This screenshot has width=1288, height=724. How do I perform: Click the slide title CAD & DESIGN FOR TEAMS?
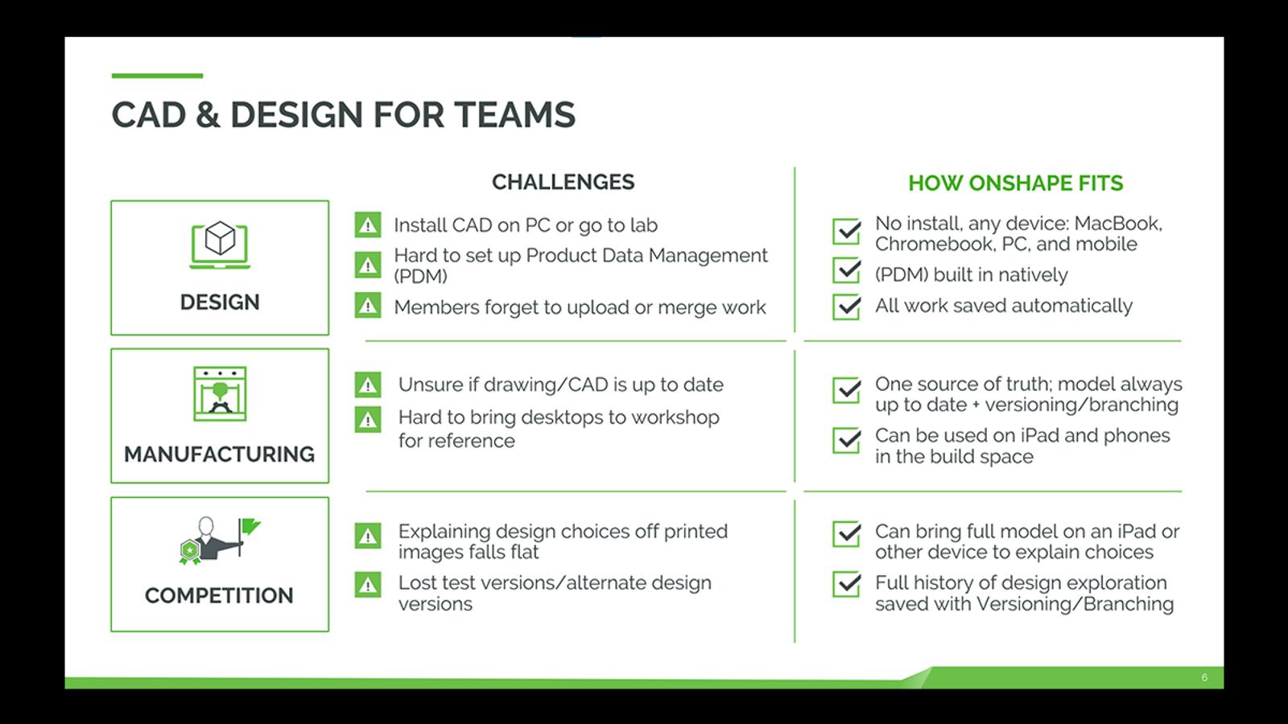click(x=343, y=115)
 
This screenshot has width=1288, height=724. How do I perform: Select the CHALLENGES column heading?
click(x=563, y=183)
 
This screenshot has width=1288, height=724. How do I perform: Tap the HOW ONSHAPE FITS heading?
click(x=1015, y=183)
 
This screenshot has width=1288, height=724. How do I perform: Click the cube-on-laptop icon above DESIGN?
click(x=220, y=244)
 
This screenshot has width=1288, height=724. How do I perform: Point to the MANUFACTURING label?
click(x=219, y=455)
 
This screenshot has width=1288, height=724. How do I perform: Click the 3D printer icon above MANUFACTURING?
click(x=220, y=394)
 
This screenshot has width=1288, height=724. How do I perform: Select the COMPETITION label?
click(x=219, y=596)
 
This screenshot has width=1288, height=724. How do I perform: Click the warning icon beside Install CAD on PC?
click(x=368, y=225)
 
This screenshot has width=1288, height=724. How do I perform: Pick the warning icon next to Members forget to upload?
click(x=368, y=306)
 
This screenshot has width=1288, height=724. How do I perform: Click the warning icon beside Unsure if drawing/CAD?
click(x=368, y=385)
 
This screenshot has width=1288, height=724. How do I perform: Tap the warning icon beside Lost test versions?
click(x=368, y=585)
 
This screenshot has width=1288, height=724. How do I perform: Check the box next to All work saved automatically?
click(x=847, y=306)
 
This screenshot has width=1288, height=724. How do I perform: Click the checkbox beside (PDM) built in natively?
click(x=847, y=271)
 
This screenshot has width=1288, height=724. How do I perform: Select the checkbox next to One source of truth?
click(x=847, y=390)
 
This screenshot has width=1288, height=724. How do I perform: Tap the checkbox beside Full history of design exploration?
click(x=847, y=584)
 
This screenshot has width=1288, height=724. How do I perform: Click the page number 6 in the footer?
click(x=1204, y=677)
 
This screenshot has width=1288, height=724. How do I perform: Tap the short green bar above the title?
click(x=157, y=76)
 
